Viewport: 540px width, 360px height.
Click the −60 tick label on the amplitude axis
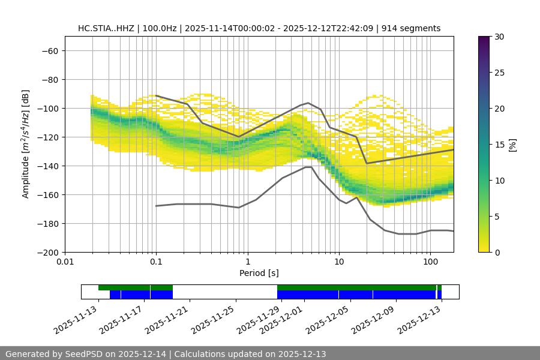pos(49,51)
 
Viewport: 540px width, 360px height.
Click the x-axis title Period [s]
pos(259,273)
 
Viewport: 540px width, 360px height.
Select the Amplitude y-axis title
pos(26,144)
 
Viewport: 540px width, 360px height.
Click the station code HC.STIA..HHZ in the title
pos(106,28)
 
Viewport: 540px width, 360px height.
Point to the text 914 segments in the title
pos(415,28)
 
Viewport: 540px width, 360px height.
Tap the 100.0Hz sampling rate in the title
pos(160,28)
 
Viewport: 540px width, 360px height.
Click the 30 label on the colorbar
pos(499,37)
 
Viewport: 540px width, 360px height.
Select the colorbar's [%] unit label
pos(512,144)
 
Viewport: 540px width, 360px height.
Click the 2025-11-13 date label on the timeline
pos(76,320)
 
